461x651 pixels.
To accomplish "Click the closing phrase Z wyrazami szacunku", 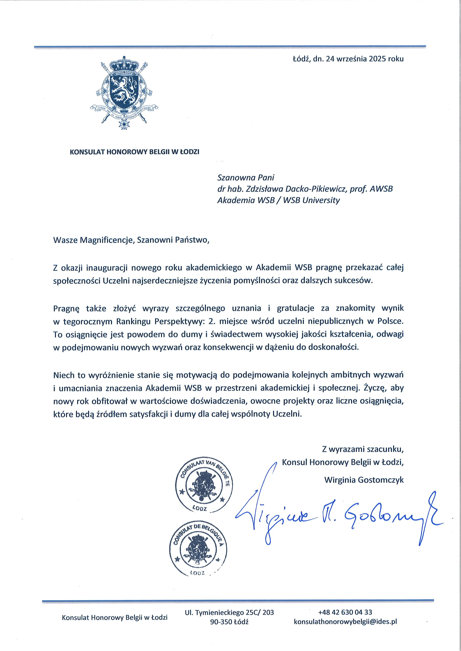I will pos(362,449).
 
